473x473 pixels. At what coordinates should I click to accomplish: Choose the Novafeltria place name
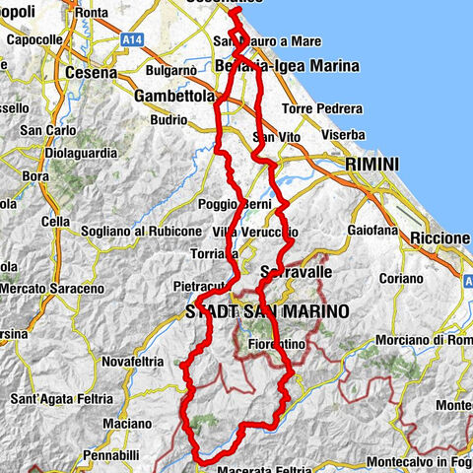[131, 362]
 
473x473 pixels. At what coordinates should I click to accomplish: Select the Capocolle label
[34, 40]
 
